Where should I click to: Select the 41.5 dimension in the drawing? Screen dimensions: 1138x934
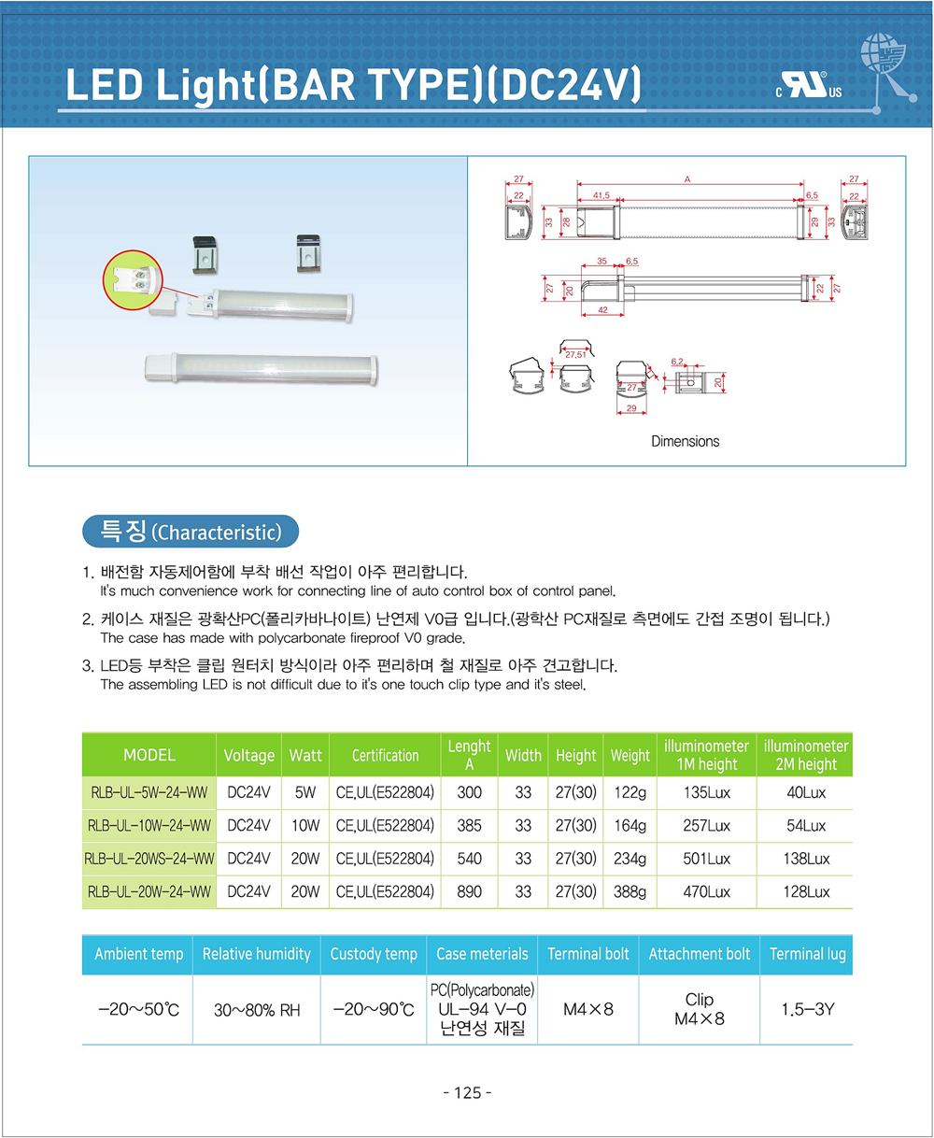(601, 195)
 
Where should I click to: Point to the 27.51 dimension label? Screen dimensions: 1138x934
(574, 354)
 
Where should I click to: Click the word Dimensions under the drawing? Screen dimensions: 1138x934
(686, 441)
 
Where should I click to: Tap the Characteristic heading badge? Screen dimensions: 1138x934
(191, 532)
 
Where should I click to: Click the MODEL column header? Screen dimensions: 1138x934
(149, 755)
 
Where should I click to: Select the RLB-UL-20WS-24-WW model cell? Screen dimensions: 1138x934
(149, 859)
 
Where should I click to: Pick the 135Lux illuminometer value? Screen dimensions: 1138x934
(707, 793)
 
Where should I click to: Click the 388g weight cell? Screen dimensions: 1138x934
(630, 892)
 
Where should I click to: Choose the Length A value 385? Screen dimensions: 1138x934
(469, 826)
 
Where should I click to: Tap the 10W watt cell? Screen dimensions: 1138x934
(305, 826)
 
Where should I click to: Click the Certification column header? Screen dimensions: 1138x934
(385, 755)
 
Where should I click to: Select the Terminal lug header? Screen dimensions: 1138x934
(807, 954)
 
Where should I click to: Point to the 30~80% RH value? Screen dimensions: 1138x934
(257, 1010)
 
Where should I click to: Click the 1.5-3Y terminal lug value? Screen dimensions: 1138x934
(807, 1009)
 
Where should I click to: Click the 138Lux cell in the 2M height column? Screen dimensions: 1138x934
(806, 859)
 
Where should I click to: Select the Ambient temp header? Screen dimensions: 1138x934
(139, 954)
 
